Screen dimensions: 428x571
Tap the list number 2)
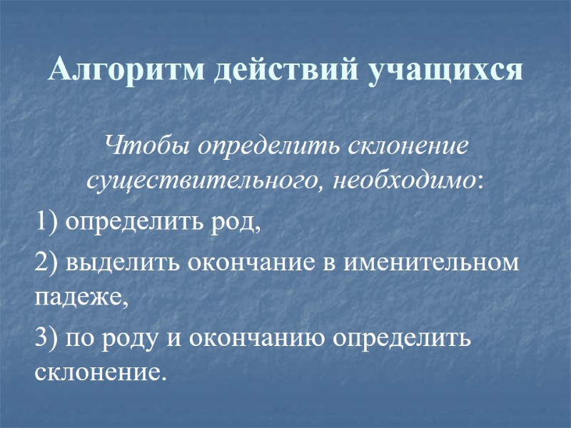pos(46,263)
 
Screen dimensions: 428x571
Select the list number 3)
pos(46,337)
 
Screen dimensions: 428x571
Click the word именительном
pos(431,263)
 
